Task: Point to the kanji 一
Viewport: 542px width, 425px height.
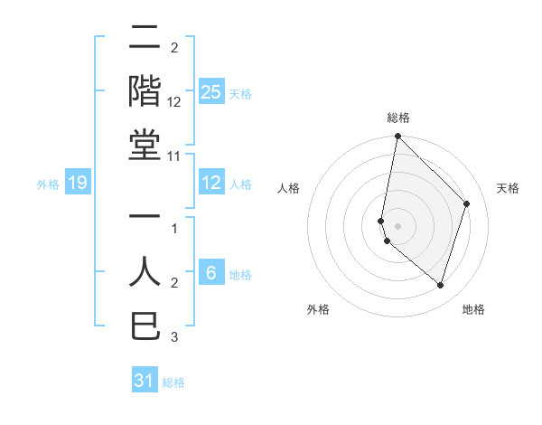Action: tap(145, 218)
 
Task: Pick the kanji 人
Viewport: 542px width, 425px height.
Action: tap(145, 272)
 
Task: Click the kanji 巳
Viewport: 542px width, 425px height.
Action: tap(145, 326)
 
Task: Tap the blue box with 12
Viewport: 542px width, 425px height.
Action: tap(210, 184)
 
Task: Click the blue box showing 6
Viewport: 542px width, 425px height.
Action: tap(210, 273)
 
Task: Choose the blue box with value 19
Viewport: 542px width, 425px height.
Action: tap(78, 184)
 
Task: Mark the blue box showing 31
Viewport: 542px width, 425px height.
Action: tap(145, 381)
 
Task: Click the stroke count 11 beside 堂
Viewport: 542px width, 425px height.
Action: tap(174, 156)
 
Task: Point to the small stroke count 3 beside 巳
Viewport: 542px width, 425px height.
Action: tap(174, 338)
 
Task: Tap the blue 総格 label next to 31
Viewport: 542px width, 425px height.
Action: tap(173, 382)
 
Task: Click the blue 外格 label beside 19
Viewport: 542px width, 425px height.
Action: tap(48, 184)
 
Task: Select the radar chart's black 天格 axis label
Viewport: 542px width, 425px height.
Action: tap(508, 188)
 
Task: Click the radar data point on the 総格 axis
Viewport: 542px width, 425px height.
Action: tap(397, 137)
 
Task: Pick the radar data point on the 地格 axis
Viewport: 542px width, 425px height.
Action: tap(440, 285)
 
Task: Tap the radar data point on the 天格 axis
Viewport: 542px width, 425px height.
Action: tap(466, 203)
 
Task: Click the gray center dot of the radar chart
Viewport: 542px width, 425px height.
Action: tap(397, 225)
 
